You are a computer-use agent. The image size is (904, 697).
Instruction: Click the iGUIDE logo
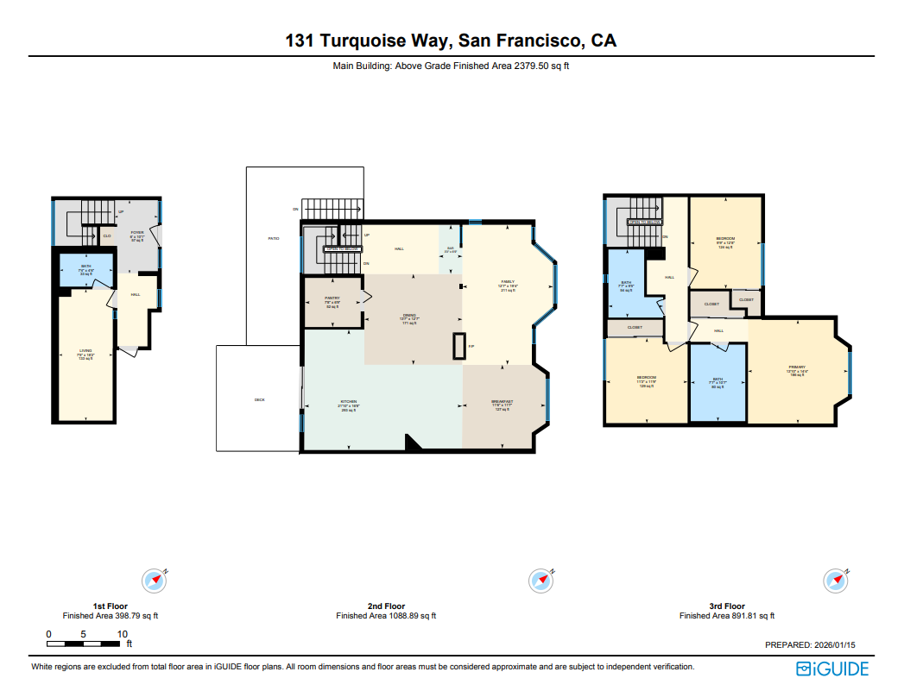832,669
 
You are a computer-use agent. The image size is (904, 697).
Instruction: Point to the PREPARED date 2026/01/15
811,644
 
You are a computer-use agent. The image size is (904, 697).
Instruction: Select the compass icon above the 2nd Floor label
541,581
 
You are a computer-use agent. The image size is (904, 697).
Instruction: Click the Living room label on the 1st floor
85,354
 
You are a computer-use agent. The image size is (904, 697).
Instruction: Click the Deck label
259,399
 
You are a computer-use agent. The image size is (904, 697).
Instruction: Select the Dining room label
409,318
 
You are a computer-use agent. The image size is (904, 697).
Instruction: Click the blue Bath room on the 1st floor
85,270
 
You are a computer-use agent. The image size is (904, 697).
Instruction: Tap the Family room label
508,286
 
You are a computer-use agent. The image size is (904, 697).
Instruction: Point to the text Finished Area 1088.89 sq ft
386,616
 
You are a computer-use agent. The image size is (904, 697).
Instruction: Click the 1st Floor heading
111,606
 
